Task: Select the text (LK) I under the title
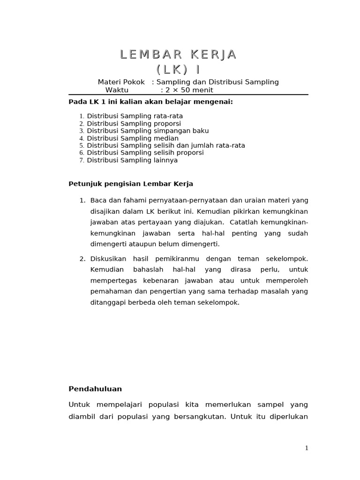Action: (x=178, y=69)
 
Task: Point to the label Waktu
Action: (x=117, y=90)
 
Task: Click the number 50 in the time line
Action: (x=185, y=90)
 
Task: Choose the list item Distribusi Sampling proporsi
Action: (x=134, y=123)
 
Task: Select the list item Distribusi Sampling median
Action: (x=133, y=138)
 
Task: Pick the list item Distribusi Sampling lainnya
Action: (x=132, y=160)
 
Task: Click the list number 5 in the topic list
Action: (x=81, y=146)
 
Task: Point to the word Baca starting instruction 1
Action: (x=98, y=200)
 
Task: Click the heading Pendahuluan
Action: (x=95, y=389)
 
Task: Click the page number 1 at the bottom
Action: (x=307, y=448)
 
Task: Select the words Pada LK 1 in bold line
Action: (x=85, y=102)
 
